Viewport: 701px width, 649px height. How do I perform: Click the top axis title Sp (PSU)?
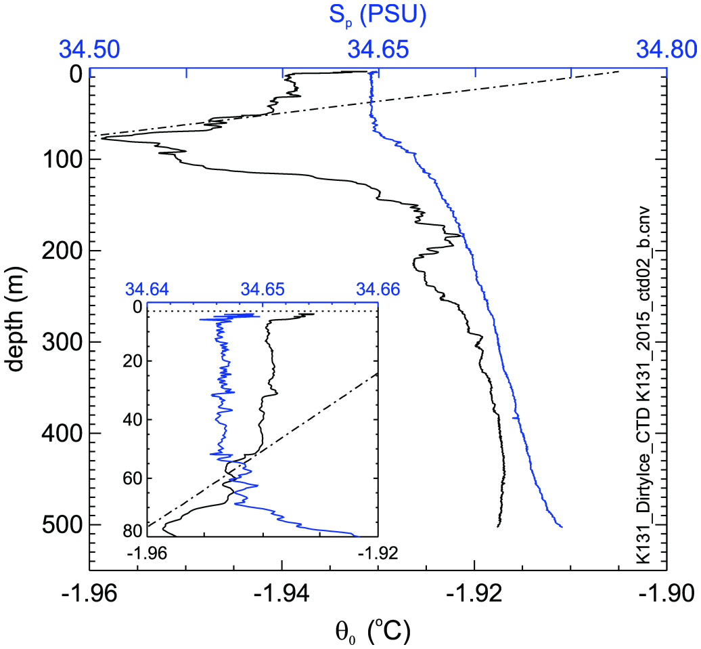pyautogui.click(x=378, y=14)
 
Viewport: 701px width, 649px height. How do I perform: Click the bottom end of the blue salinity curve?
pyautogui.click(x=562, y=526)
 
